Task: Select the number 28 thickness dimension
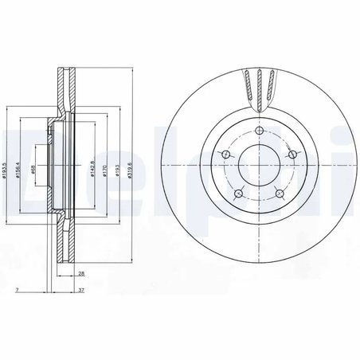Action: coord(82,273)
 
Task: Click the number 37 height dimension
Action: coord(82,292)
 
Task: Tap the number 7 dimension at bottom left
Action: coord(18,292)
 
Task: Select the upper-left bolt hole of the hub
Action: coord(225,155)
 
